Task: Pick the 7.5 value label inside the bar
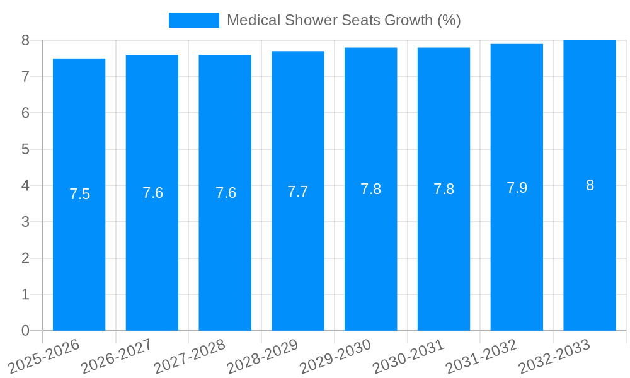(x=80, y=194)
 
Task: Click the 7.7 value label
(x=298, y=192)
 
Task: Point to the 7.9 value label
(x=517, y=188)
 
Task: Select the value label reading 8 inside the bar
(x=590, y=185)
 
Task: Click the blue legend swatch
(x=193, y=20)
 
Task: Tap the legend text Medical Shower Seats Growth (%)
(x=343, y=20)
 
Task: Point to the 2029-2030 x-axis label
(x=335, y=356)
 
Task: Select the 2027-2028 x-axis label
(x=190, y=356)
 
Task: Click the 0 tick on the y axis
(x=25, y=331)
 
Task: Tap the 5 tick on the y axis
(x=25, y=149)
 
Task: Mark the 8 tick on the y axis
(x=25, y=40)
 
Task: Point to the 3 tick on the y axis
(x=25, y=222)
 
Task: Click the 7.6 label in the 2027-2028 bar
(x=226, y=193)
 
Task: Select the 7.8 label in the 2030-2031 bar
(x=444, y=189)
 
